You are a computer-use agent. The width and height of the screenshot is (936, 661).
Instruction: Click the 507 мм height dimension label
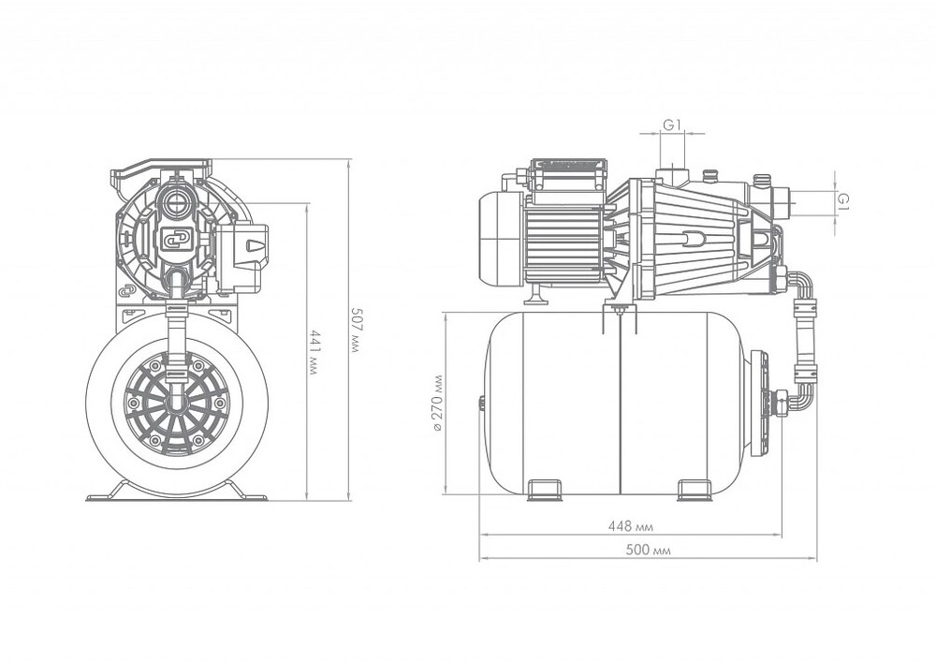(x=354, y=330)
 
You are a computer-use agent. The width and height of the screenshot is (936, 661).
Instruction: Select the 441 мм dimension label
(x=314, y=352)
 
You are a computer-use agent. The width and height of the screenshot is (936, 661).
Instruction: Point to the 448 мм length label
(x=630, y=527)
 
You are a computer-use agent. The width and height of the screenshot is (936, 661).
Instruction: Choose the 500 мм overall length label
(x=648, y=550)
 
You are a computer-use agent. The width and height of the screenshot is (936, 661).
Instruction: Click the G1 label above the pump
(x=672, y=125)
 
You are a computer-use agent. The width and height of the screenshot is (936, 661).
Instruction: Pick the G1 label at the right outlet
(x=843, y=200)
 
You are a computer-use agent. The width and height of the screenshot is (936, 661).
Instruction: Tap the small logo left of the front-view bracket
(x=126, y=291)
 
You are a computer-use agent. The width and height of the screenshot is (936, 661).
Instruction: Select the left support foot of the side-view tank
(x=544, y=491)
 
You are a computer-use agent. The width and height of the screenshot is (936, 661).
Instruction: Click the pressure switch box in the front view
(x=241, y=258)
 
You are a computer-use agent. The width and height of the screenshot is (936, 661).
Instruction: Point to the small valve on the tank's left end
(x=481, y=404)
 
